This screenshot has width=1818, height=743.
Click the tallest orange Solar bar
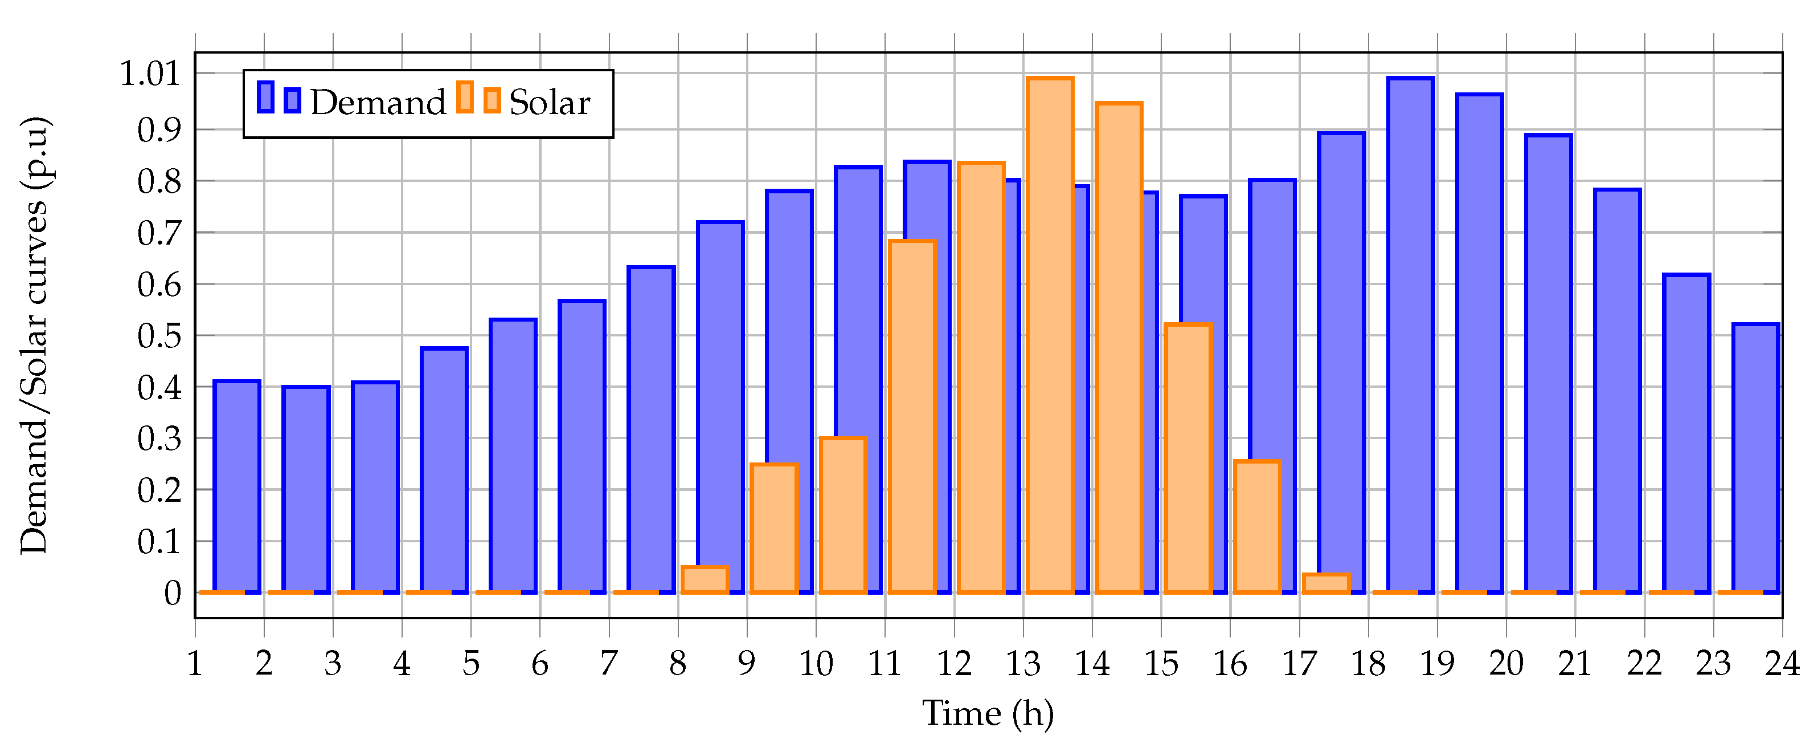[x=1050, y=332]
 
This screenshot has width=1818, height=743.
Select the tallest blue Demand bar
[x=1410, y=332]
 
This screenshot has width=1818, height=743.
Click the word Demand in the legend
[x=378, y=103]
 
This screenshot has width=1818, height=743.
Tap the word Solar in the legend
[x=549, y=103]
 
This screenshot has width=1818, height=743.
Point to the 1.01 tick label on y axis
[x=150, y=74]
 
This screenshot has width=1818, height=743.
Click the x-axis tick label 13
[x=1023, y=663]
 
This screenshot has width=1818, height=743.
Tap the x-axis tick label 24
[x=1782, y=663]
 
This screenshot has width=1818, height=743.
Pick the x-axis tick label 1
[x=195, y=663]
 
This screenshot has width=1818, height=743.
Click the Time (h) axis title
[x=988, y=713]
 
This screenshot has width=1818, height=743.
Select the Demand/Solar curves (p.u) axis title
[x=34, y=335]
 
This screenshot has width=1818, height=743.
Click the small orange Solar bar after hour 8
[x=705, y=579]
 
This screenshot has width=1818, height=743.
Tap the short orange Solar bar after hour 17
[x=1325, y=583]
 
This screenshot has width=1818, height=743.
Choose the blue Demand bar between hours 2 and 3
[x=306, y=488]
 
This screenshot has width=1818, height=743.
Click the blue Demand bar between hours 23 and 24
[x=1755, y=459]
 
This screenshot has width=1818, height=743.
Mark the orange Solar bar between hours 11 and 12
[x=912, y=417]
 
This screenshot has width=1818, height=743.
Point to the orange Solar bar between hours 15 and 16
[x=1188, y=459]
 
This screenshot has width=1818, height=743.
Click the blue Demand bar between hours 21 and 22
[x=1617, y=388]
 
